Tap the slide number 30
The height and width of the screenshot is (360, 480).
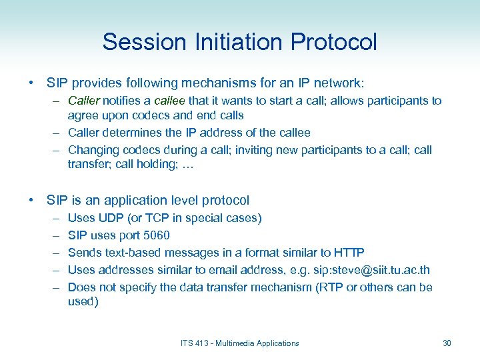pos(447,343)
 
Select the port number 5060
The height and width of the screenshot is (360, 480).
pos(155,235)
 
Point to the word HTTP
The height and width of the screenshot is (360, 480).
pos(349,253)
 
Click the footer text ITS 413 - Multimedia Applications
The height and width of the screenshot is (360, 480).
pos(239,343)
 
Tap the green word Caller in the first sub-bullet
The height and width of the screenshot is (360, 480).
pos(84,101)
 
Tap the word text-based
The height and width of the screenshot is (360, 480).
pos(137,253)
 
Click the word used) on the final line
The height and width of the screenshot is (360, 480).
pos(83,302)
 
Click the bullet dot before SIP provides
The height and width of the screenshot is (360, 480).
pos(31,83)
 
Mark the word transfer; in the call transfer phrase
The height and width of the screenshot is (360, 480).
pos(89,165)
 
